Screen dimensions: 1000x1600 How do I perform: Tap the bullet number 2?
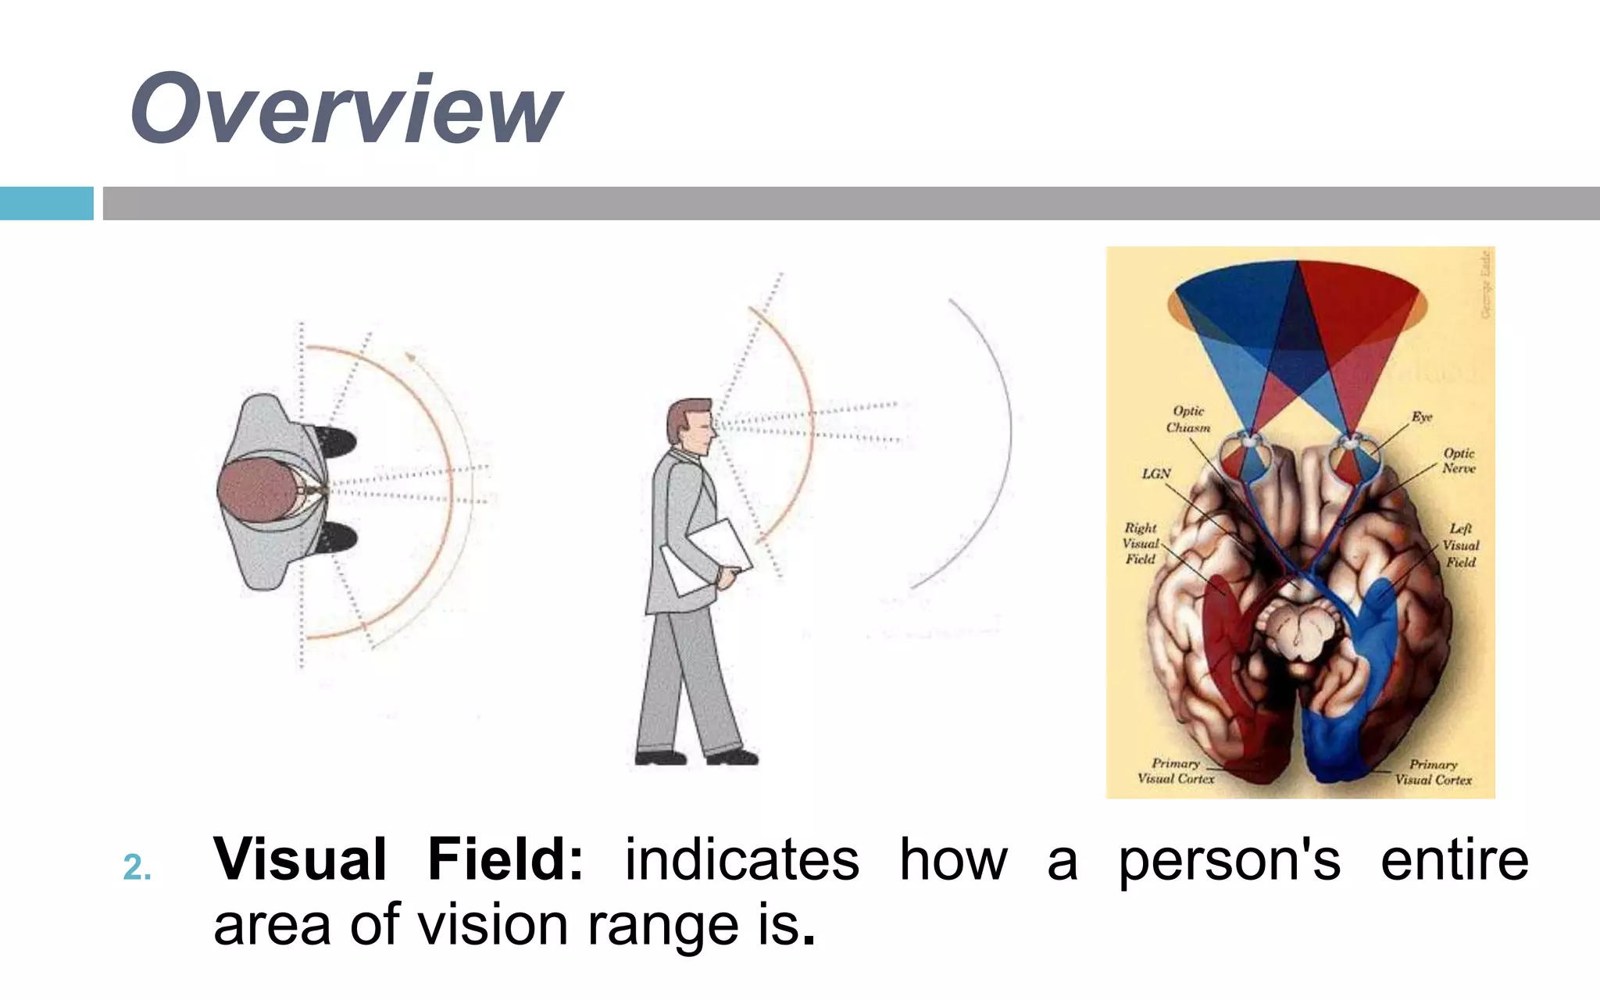(137, 868)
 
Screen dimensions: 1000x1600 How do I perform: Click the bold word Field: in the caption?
(505, 859)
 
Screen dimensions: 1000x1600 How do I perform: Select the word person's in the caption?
(1230, 861)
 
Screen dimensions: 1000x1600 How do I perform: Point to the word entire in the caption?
(1454, 859)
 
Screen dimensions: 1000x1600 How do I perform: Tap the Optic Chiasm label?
(1188, 420)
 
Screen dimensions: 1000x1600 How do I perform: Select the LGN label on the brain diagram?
(1156, 473)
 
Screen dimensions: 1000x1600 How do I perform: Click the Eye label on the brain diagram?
(1421, 417)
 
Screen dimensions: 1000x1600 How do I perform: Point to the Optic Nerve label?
(1458, 461)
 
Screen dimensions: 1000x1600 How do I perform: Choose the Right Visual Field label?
(1140, 544)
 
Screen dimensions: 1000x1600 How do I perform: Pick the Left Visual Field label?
(1459, 545)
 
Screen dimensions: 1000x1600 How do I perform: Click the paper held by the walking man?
(707, 556)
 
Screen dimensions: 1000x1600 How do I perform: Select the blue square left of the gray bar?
(46, 203)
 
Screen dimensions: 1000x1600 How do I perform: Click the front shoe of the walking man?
(732, 756)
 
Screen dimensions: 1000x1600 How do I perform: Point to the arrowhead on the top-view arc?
(409, 358)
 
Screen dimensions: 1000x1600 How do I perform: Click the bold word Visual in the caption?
(300, 859)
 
